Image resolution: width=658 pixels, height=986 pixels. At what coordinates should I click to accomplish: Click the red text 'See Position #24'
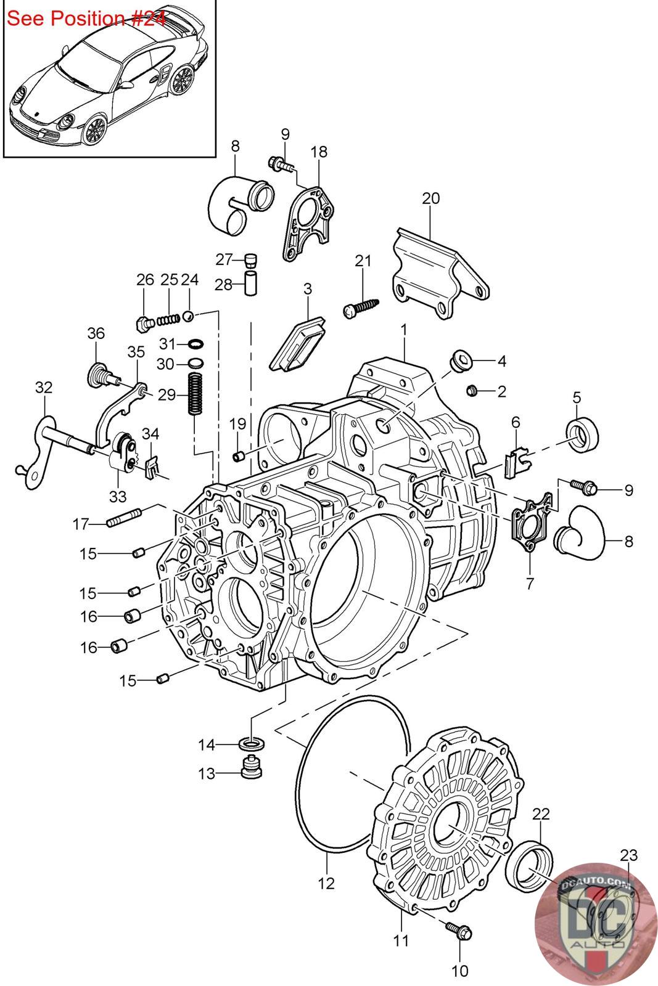(86, 18)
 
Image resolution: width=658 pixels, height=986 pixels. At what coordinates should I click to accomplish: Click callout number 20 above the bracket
(430, 198)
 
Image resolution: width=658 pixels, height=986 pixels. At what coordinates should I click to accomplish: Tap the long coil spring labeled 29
(194, 394)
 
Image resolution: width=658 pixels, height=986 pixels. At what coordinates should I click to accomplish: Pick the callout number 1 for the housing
(403, 330)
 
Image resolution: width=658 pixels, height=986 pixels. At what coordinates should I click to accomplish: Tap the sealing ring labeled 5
(582, 433)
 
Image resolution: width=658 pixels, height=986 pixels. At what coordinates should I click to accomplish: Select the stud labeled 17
(124, 517)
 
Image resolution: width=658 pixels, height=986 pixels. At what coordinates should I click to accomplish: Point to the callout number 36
(96, 333)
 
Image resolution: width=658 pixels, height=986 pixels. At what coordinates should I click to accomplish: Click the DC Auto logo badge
(596, 924)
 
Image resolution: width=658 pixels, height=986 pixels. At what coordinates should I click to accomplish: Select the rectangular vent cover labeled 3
(298, 344)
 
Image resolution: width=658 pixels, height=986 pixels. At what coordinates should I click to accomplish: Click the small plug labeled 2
(472, 390)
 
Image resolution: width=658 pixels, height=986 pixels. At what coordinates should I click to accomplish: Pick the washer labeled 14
(252, 744)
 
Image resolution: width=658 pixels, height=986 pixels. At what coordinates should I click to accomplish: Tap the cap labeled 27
(250, 259)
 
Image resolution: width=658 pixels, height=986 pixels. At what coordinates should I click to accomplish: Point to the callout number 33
(118, 497)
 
